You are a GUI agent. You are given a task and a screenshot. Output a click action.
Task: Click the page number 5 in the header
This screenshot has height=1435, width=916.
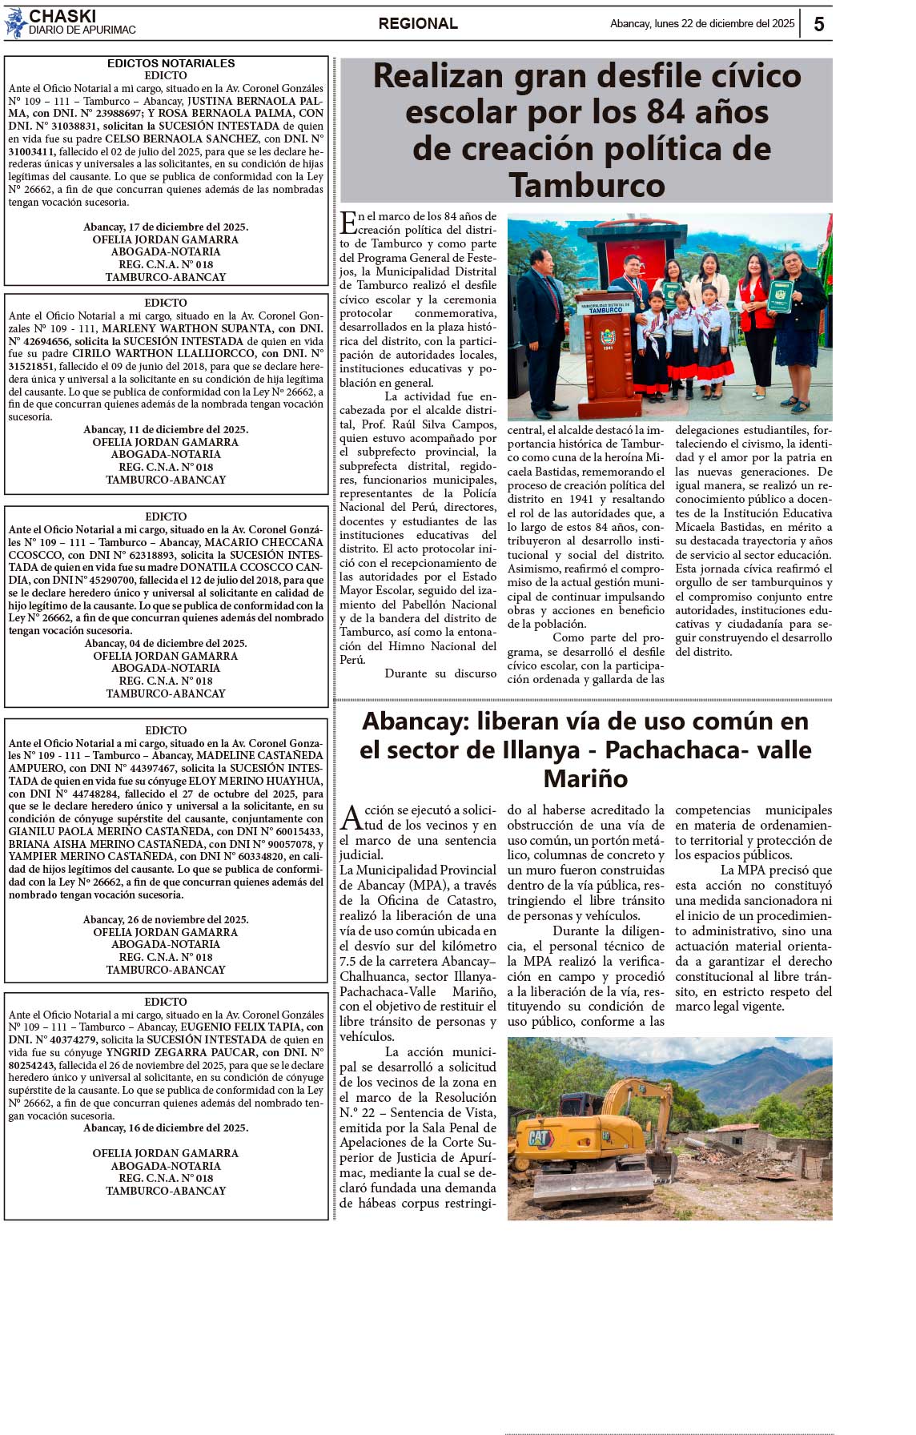[x=818, y=24]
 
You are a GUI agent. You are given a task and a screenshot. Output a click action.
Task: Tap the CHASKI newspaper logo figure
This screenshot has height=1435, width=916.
[x=14, y=24]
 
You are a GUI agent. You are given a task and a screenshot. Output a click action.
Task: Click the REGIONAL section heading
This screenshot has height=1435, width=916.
[x=418, y=24]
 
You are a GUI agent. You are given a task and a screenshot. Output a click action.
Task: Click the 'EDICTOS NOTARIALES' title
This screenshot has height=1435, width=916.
[x=171, y=63]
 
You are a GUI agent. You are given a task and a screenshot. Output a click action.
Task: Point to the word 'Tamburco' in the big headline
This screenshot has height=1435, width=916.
[x=587, y=186]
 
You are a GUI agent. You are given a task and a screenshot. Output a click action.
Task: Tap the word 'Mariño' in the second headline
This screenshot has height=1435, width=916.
[x=585, y=778]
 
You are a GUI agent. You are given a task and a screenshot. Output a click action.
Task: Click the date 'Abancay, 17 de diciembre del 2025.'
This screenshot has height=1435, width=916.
[x=166, y=227]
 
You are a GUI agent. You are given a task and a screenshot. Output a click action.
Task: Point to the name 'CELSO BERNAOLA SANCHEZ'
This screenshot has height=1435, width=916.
[x=183, y=139]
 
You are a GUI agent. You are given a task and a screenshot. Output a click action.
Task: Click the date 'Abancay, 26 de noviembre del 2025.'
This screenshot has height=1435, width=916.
[x=166, y=920]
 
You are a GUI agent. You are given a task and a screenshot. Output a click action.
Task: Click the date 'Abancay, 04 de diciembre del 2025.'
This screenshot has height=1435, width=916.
[x=166, y=644]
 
